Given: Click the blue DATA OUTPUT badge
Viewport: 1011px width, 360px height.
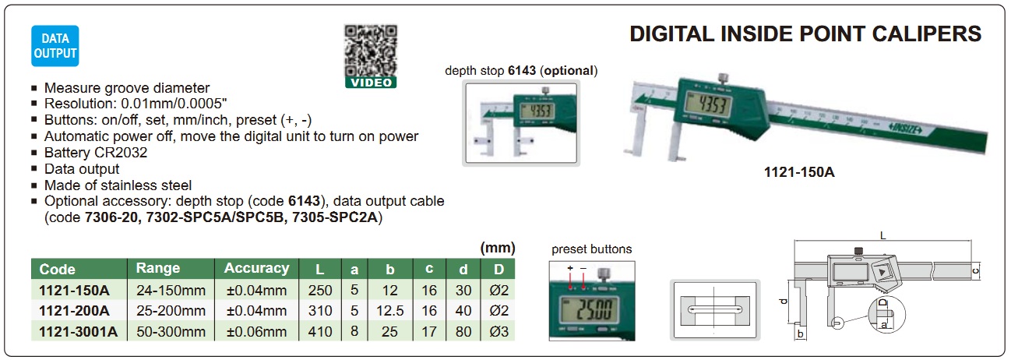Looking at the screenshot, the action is (55, 46).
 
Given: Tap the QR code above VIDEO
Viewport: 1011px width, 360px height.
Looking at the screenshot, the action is (371, 51).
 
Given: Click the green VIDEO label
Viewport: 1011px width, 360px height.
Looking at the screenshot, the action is (371, 83).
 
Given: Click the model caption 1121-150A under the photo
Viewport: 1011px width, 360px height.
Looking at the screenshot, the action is (799, 172).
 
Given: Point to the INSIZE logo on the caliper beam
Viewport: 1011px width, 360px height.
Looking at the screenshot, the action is (904, 129).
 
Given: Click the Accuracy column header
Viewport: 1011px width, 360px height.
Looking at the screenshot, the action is (256, 268).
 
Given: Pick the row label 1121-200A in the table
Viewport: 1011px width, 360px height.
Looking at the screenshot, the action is (74, 311).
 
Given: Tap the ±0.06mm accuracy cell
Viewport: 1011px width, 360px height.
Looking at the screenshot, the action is (256, 331).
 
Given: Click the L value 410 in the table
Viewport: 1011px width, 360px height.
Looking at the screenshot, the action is (320, 331).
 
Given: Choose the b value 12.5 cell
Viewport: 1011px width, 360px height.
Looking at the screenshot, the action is (390, 311).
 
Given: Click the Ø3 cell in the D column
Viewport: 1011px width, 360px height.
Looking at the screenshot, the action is (498, 331).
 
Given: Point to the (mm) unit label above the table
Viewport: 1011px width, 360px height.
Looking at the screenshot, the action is (498, 248).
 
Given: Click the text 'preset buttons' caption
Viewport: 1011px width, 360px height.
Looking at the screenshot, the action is (592, 249).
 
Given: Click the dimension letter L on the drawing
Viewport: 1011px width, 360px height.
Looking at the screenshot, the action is (882, 235).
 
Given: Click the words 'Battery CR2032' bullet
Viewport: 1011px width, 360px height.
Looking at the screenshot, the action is (96, 153).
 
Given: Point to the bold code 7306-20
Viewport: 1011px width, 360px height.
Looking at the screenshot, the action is (111, 217).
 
